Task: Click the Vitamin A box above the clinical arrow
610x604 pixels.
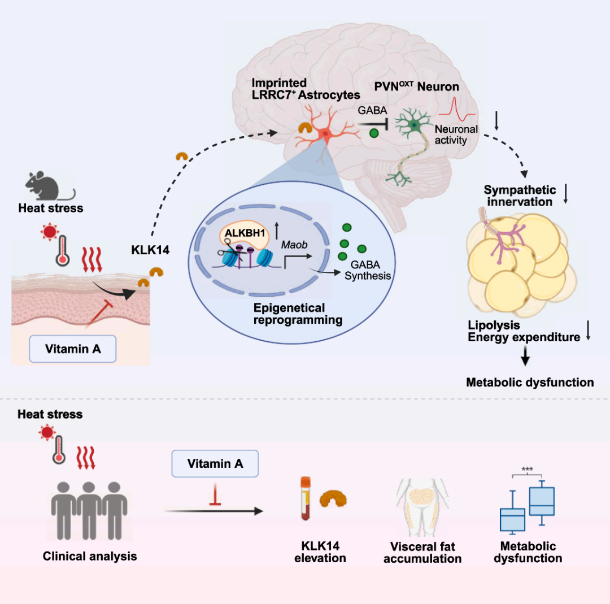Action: point(215,463)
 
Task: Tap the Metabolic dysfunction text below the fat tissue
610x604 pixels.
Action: point(530,383)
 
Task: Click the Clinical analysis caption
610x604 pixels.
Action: point(90,556)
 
